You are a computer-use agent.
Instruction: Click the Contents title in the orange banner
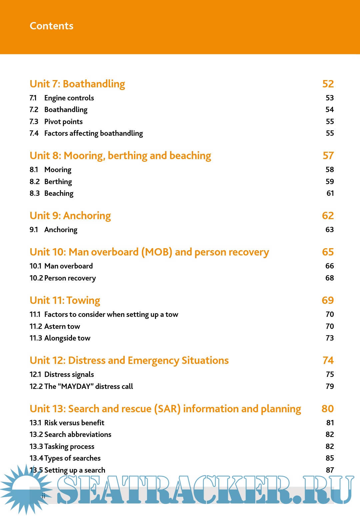[51, 26]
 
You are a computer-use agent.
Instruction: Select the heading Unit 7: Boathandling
[77, 84]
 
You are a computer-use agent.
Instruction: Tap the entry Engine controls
[69, 98]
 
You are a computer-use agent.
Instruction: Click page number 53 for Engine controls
[329, 98]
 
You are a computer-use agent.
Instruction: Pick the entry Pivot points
[63, 122]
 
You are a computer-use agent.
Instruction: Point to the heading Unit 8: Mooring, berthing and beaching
[120, 156]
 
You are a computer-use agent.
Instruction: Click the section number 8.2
[34, 182]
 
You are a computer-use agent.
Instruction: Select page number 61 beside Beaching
[330, 193]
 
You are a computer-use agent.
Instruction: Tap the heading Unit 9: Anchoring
[70, 216]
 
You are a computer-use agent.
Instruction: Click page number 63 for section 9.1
[329, 230]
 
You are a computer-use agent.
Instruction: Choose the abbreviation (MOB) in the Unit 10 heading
[157, 252]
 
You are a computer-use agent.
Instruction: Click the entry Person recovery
[70, 278]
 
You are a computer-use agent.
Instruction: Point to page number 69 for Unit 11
[328, 301]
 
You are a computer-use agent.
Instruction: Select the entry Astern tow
[62, 327]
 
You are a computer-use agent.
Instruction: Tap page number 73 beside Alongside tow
[329, 338]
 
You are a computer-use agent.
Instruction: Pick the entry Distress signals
[69, 375]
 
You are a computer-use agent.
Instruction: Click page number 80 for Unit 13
[327, 409]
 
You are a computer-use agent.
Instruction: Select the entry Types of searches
[72, 458]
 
